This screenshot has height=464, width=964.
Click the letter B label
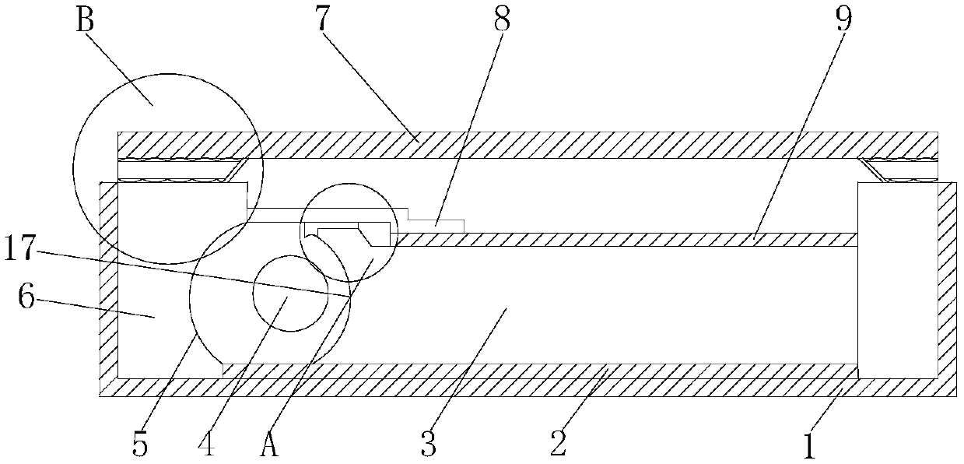(85, 21)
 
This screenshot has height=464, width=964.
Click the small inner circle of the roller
(289, 293)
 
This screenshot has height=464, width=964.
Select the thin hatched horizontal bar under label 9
(622, 240)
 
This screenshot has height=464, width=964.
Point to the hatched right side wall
(947, 280)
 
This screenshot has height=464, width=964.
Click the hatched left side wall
(108, 280)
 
